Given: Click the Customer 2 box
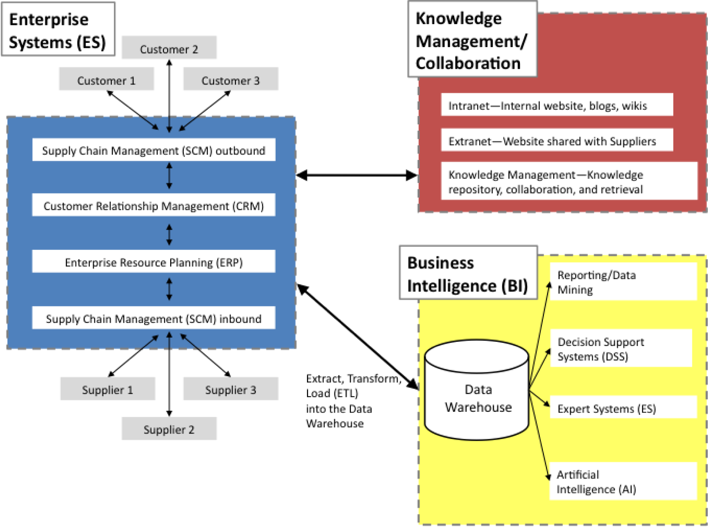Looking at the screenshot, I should (169, 47).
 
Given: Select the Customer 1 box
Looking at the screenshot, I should (106, 79).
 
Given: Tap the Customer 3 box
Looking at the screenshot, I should (231, 79).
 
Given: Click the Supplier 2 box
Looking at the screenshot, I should (169, 428).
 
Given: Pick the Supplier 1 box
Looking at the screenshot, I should (107, 389).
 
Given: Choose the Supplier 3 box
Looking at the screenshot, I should (231, 389).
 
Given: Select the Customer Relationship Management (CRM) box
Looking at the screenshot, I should (154, 205).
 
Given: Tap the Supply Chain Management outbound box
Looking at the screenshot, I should (154, 150).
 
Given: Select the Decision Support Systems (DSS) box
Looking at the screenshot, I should (621, 348).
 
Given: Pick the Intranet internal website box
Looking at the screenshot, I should (557, 105).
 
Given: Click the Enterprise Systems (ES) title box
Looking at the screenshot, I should (58, 30).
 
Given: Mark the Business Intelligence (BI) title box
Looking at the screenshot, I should (468, 273).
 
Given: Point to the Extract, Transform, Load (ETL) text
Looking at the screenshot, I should (352, 400).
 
